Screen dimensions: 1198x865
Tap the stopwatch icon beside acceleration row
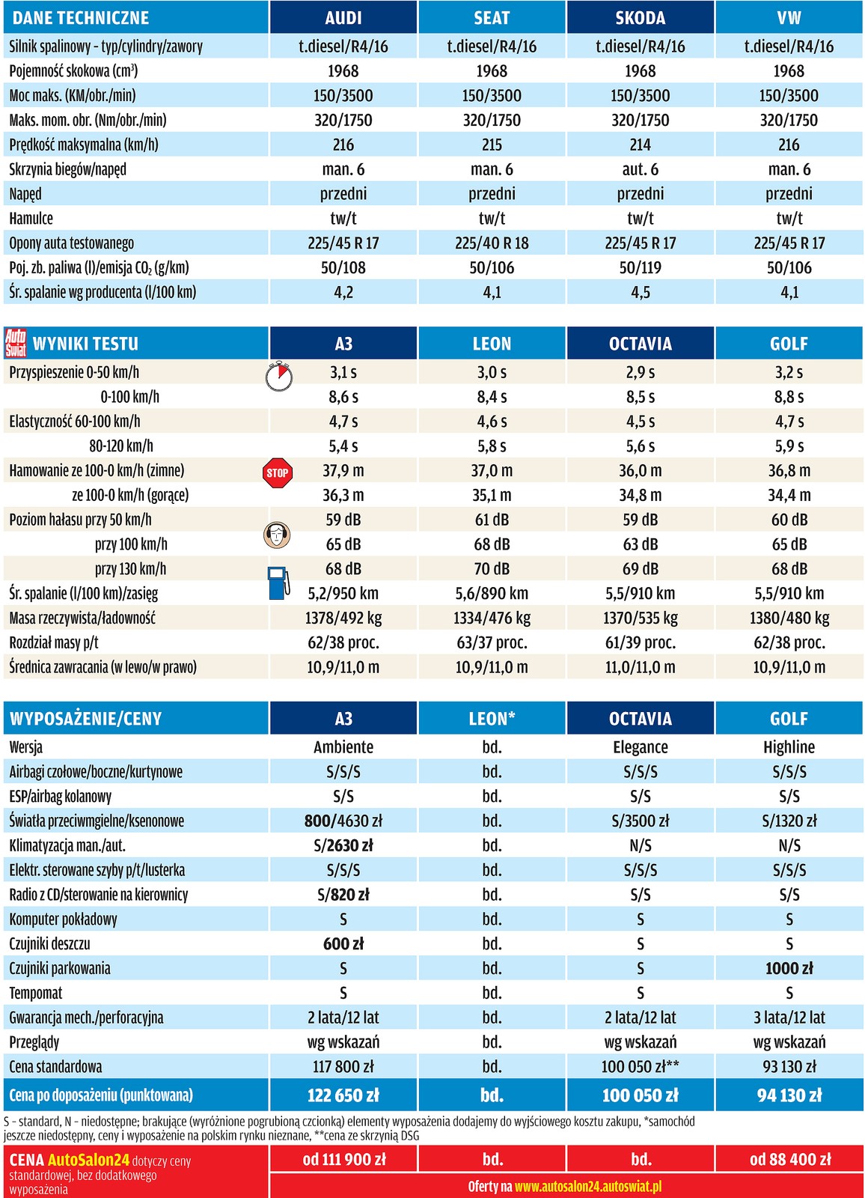click(279, 375)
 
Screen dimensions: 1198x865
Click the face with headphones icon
click(278, 535)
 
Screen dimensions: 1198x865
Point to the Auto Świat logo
click(16, 343)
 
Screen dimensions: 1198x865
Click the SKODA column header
click(640, 17)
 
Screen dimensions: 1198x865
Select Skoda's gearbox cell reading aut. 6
click(640, 169)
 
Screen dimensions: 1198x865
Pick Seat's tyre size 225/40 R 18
click(492, 243)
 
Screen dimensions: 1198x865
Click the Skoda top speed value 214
click(640, 145)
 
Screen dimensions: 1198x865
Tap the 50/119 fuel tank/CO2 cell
click(640, 268)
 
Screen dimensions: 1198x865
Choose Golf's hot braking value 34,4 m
click(789, 495)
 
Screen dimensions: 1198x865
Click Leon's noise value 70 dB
click(492, 569)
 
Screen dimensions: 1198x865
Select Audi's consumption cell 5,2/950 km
click(343, 594)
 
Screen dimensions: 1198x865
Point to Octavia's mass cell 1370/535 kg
click(640, 618)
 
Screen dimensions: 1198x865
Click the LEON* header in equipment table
click(492, 719)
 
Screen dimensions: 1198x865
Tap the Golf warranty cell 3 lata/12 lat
click(789, 1018)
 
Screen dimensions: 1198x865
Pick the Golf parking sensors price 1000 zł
click(789, 968)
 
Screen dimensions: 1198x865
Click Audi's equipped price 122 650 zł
click(343, 1095)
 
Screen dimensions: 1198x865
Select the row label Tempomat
click(36, 993)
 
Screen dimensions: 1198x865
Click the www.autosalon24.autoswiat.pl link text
click(587, 1187)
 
